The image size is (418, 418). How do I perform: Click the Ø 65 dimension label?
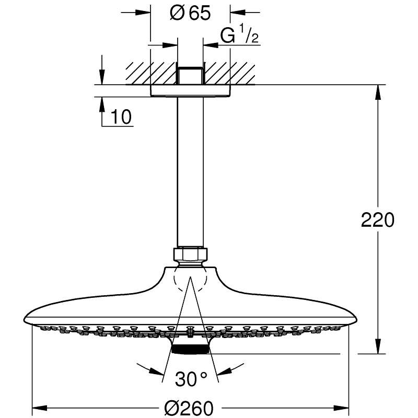pos(190,14)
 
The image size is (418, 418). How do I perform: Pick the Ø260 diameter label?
pos(190,407)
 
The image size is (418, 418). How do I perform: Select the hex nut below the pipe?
pos(190,255)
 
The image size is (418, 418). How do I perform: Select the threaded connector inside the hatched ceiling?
pos(190,75)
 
